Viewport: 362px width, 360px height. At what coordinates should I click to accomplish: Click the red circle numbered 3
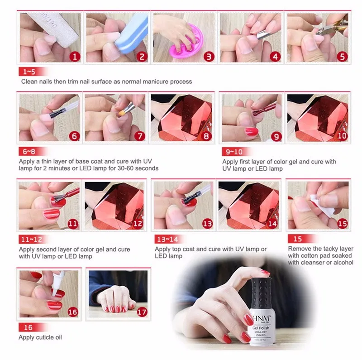pyautogui.click(x=209, y=57)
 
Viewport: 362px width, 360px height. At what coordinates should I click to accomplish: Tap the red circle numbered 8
pyautogui.click(x=206, y=136)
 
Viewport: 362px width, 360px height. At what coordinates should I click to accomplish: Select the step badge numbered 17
pyautogui.click(x=142, y=312)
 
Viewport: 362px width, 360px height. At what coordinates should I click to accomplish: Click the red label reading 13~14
pyautogui.click(x=168, y=239)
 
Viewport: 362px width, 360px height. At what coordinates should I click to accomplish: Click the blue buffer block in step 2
pyautogui.click(x=132, y=34)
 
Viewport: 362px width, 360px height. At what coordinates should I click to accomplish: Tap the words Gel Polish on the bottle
pyautogui.click(x=261, y=328)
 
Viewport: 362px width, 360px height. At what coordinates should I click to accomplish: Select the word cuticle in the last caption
pyautogui.click(x=41, y=337)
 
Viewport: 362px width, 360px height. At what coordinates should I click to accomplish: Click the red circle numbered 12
pyautogui.click(x=138, y=223)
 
